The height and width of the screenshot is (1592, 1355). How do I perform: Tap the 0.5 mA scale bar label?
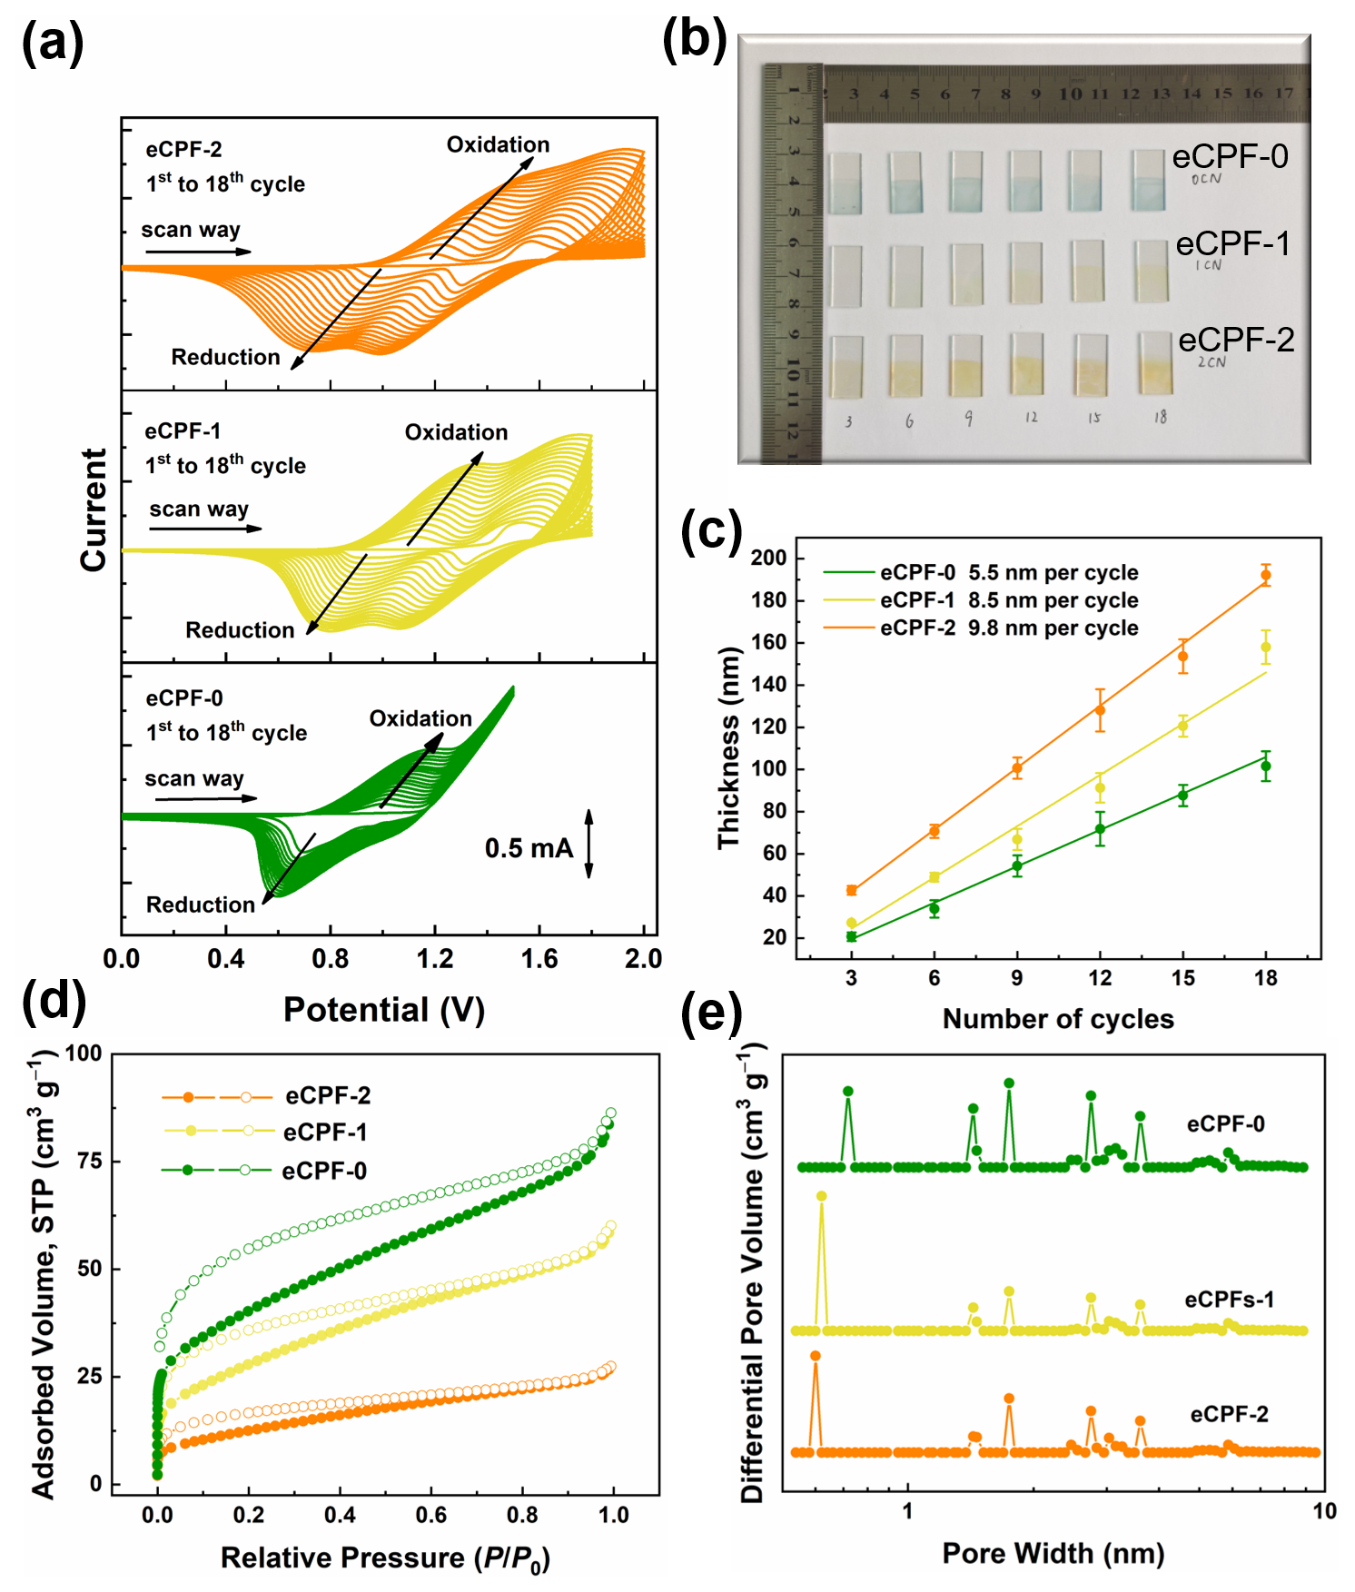tap(529, 848)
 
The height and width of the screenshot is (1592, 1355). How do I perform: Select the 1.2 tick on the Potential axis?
tap(434, 959)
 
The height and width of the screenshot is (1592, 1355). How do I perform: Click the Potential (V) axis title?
tap(383, 1010)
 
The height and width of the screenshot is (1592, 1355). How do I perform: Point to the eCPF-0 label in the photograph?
tap(1230, 156)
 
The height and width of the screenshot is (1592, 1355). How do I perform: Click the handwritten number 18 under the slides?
tap(1160, 418)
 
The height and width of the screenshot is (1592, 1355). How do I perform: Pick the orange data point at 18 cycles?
tap(1265, 575)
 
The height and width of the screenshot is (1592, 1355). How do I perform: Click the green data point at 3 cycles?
tap(851, 936)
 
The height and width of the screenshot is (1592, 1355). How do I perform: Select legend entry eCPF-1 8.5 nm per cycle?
tap(1008, 600)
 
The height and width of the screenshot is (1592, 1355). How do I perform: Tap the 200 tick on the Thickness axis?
tap(768, 558)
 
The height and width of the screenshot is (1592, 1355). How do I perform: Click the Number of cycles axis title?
tap(1058, 1019)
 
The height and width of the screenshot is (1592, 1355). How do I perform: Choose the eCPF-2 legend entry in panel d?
tap(327, 1096)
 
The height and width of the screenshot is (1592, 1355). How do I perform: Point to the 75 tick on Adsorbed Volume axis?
tap(90, 1161)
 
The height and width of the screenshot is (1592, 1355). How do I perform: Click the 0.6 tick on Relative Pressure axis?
tap(430, 1515)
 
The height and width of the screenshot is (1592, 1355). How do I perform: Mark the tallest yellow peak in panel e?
tap(821, 1197)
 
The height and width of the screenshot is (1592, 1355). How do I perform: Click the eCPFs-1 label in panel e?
tap(1229, 1300)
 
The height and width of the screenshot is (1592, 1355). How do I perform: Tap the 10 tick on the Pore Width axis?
tap(1324, 1511)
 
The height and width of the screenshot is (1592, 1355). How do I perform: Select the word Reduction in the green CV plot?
tap(201, 905)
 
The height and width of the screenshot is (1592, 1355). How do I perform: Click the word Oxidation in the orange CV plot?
tap(498, 145)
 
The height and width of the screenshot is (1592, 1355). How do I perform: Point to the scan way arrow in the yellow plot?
tap(205, 529)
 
